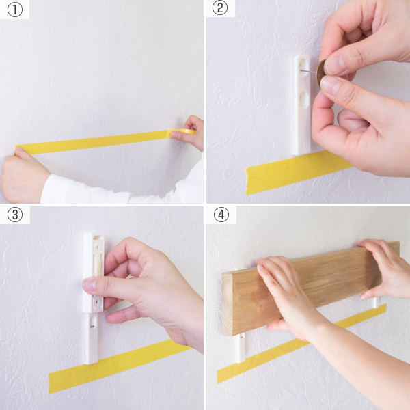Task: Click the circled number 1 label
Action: point(15,10)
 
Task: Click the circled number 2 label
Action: point(219,8)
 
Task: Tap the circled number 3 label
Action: point(15,215)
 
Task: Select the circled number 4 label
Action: point(221,215)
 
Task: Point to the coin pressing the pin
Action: point(320,72)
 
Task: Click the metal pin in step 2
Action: point(308,71)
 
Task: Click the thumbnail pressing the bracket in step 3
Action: point(90,284)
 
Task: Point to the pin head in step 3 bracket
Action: point(92,326)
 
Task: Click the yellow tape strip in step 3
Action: point(118,366)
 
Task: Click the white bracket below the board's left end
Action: point(241,348)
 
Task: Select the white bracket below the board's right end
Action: point(375,303)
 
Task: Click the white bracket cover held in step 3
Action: point(94,272)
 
